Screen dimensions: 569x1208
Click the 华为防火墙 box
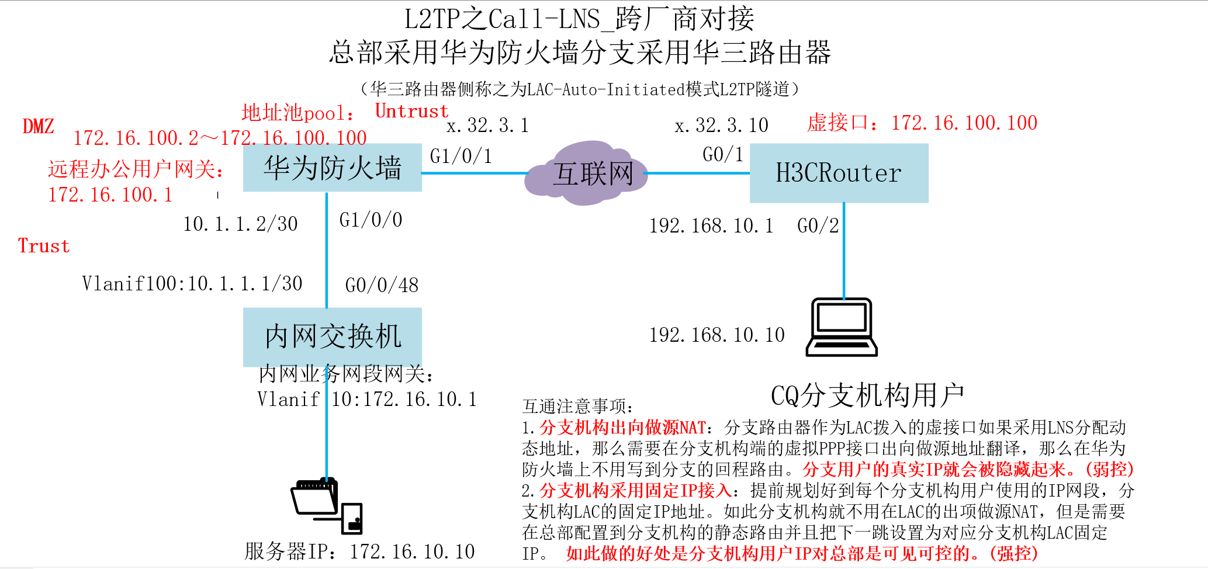(332, 168)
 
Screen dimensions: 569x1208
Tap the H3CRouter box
(839, 173)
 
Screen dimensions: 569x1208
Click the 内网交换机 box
(332, 337)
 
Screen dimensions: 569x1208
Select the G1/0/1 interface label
(461, 156)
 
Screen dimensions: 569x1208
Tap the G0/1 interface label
(723, 154)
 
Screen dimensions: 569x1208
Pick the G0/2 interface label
(818, 225)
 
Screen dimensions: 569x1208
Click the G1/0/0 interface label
(371, 220)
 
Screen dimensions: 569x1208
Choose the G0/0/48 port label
(382, 285)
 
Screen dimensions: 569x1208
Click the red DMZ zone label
(38, 126)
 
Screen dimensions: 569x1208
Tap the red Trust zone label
(44, 246)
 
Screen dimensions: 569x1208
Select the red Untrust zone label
(411, 111)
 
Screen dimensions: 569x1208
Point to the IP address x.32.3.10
(721, 125)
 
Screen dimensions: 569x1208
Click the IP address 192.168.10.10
(717, 335)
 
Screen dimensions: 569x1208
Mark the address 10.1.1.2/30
(240, 224)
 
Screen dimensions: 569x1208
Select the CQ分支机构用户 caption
(867, 395)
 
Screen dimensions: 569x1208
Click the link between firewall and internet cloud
(473, 173)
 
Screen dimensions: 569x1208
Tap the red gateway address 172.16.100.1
(110, 195)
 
